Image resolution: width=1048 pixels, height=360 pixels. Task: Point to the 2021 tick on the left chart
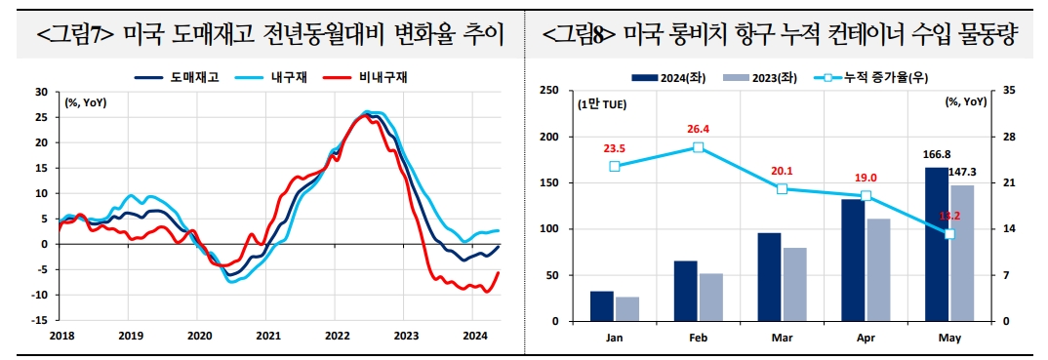268,335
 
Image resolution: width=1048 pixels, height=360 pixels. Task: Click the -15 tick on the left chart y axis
41,320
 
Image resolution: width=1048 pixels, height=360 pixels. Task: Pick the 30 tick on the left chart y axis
41,92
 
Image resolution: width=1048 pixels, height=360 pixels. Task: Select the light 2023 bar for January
627,309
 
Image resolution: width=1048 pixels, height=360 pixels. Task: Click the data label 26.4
698,129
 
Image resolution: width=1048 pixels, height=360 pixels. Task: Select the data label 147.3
962,172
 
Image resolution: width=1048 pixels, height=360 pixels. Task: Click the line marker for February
699,147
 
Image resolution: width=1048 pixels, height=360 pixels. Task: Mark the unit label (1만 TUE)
602,103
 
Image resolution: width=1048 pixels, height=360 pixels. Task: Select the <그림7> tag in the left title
77,36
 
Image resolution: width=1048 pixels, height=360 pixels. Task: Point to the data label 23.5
614,148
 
